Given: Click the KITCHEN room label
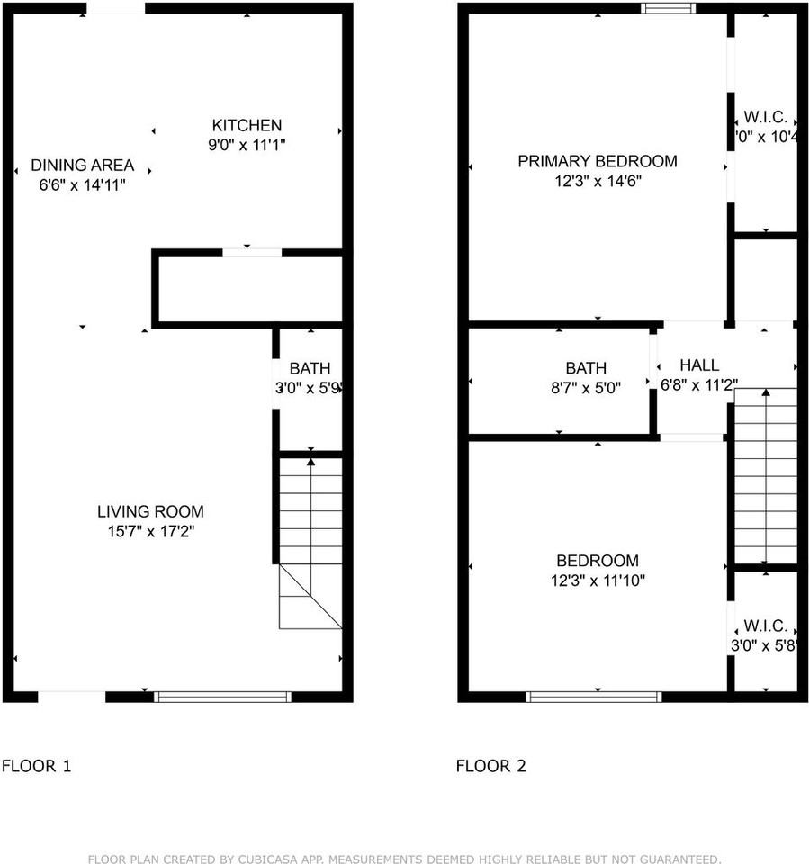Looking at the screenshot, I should tap(247, 125).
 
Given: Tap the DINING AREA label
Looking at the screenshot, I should tap(82, 166).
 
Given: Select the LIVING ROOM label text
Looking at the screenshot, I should tap(150, 512).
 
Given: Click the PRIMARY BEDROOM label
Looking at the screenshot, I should tap(597, 161).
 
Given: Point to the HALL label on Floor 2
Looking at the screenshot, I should tap(699, 365).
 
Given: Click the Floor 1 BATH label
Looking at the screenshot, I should tap(310, 368).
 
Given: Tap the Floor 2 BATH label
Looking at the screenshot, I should tap(586, 368).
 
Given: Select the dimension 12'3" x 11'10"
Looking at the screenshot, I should tap(598, 580).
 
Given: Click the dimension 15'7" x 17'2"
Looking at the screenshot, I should tap(150, 532).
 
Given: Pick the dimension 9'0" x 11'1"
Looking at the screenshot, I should tap(247, 145).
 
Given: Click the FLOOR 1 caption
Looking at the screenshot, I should tap(36, 767).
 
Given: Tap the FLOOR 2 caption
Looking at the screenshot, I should tap(490, 767).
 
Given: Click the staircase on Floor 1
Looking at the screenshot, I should tap(310, 540).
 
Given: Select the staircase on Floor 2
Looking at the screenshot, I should tap(766, 477).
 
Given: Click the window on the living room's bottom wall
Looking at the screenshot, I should tap(223, 696).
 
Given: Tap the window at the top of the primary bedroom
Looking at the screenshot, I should tap(669, 9).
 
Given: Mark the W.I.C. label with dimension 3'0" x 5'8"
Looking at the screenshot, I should tap(765, 625).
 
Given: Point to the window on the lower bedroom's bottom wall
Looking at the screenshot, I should tap(594, 696).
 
